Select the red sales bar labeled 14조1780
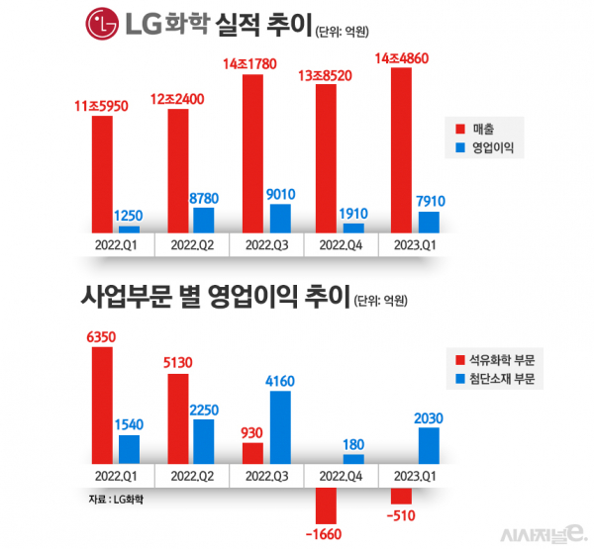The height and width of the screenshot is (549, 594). click(252, 152)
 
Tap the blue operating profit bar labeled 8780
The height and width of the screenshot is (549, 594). click(204, 219)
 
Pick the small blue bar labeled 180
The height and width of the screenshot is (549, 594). click(353, 459)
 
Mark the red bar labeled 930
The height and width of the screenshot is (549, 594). click(252, 453)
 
